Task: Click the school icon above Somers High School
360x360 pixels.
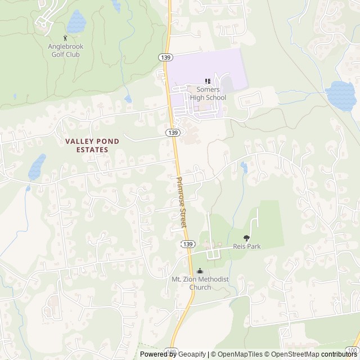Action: point(208,82)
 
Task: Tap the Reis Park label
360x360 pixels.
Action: point(246,247)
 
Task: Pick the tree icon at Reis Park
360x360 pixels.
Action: point(246,238)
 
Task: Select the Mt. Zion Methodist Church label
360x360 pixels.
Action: point(192,283)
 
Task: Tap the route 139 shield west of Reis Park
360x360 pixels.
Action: point(187,244)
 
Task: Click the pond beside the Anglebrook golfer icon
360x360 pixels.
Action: point(76,22)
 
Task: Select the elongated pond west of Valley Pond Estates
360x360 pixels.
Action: point(37,167)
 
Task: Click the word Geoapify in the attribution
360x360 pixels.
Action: point(192,354)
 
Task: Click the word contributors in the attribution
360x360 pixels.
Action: point(339,354)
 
